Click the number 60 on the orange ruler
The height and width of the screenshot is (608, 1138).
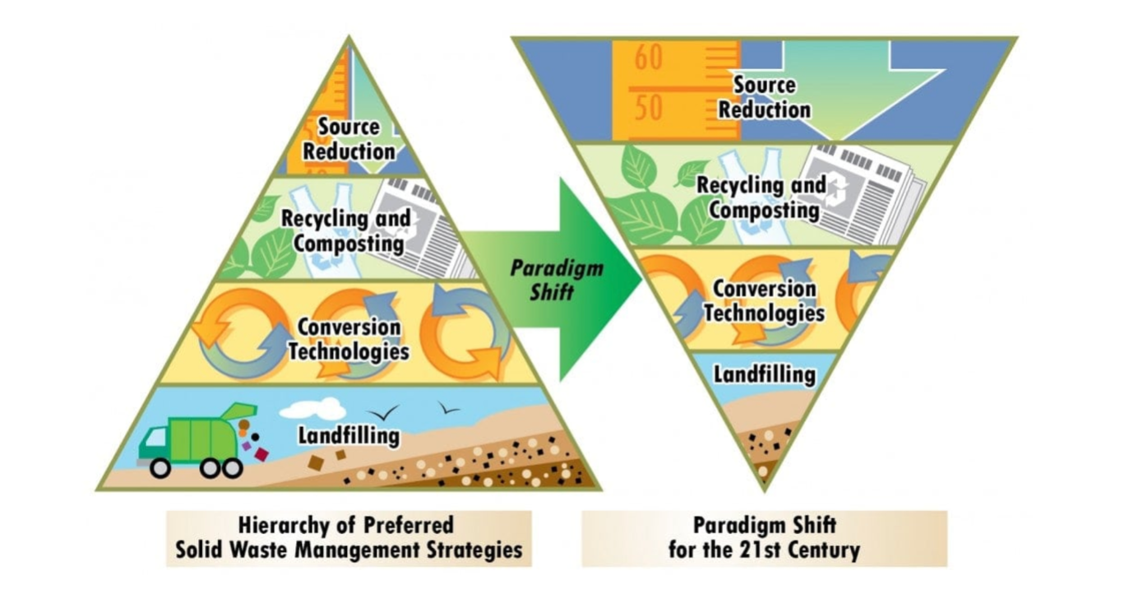point(648,57)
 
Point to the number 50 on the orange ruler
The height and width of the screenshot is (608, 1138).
point(648,108)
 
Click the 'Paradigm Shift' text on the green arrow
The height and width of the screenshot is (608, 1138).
point(556,280)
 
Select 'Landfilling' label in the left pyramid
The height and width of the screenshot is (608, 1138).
point(349,436)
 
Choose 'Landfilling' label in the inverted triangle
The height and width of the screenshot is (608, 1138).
point(765,374)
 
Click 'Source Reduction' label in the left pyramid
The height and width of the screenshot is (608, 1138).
point(349,139)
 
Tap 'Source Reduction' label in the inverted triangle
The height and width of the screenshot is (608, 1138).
point(765,97)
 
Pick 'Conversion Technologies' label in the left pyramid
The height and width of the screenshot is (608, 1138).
point(349,339)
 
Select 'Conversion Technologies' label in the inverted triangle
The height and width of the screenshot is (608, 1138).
point(765,300)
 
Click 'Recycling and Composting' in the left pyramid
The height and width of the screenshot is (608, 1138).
point(346,231)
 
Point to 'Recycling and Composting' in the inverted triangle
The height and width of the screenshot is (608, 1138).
point(761,197)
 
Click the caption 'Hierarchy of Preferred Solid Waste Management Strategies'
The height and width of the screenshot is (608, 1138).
point(349,538)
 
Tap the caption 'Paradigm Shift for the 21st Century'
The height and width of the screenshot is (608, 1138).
point(765,538)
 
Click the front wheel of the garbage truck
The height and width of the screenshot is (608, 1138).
point(160,468)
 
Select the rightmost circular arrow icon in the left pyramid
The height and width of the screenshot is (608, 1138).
point(464,331)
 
